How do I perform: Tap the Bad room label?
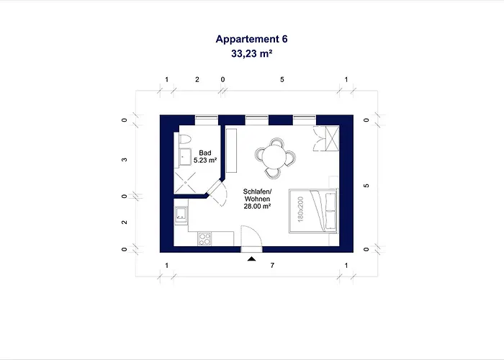(x=205, y=152)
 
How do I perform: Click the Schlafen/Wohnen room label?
(x=257, y=194)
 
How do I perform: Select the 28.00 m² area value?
(x=257, y=206)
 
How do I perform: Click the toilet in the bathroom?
(x=184, y=138)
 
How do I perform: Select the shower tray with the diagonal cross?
(x=188, y=182)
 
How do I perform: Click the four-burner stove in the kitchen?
(x=204, y=237)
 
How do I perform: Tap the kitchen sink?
(x=181, y=213)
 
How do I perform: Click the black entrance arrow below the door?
(x=251, y=258)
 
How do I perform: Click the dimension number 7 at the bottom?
(x=271, y=266)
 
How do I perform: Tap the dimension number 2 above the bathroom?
(x=197, y=80)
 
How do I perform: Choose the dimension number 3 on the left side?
(x=125, y=160)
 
